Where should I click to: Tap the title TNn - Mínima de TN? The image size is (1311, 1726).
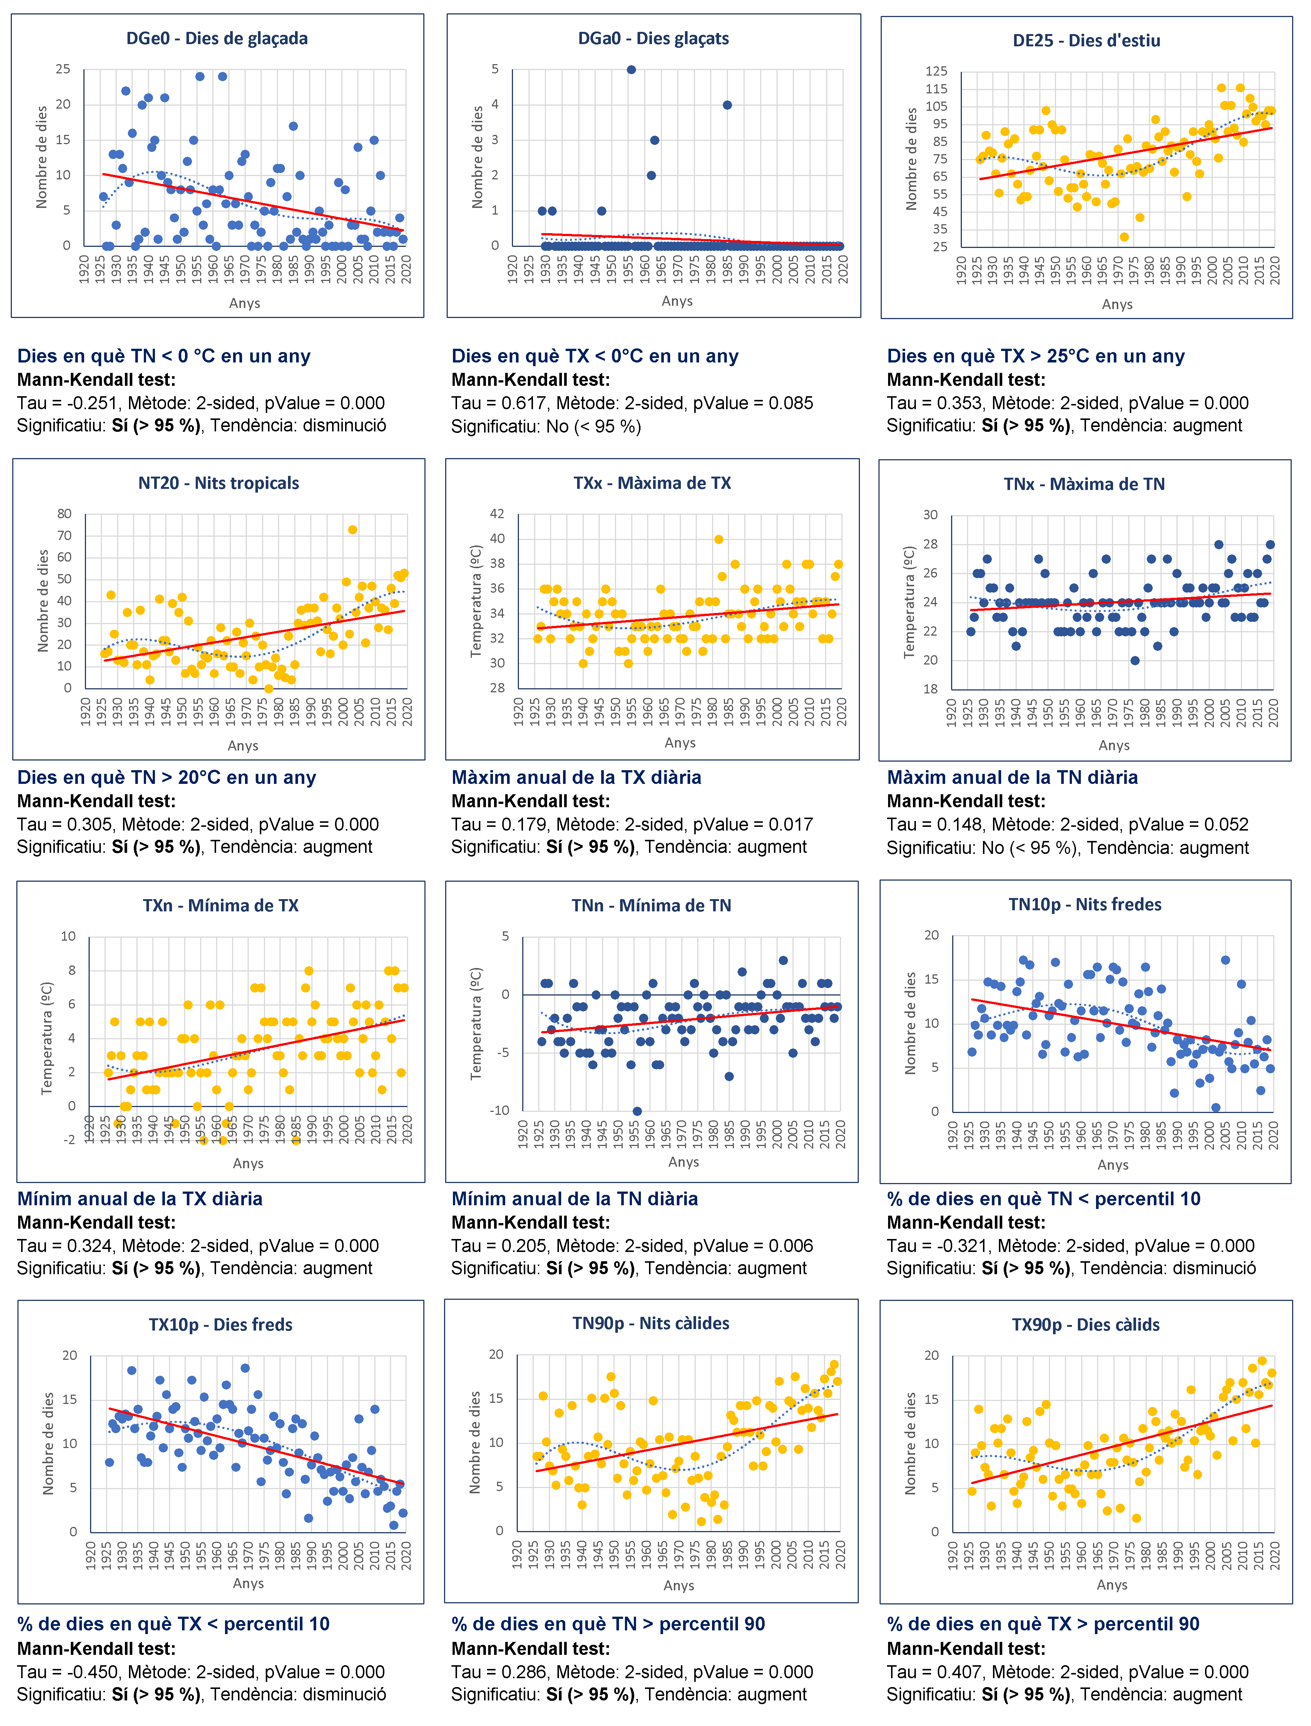[x=652, y=905]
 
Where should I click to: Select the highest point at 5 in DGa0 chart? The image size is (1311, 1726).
[x=631, y=69]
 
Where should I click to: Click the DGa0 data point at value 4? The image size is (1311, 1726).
[x=727, y=105]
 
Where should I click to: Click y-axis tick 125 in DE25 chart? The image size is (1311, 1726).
[x=936, y=71]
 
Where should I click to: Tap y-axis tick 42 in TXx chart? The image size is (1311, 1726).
[x=497, y=513]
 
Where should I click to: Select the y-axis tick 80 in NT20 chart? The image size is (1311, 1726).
[x=64, y=513]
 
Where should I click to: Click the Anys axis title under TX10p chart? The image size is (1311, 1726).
[x=248, y=1583]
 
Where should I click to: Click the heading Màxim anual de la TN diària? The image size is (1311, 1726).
[x=1012, y=777]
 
